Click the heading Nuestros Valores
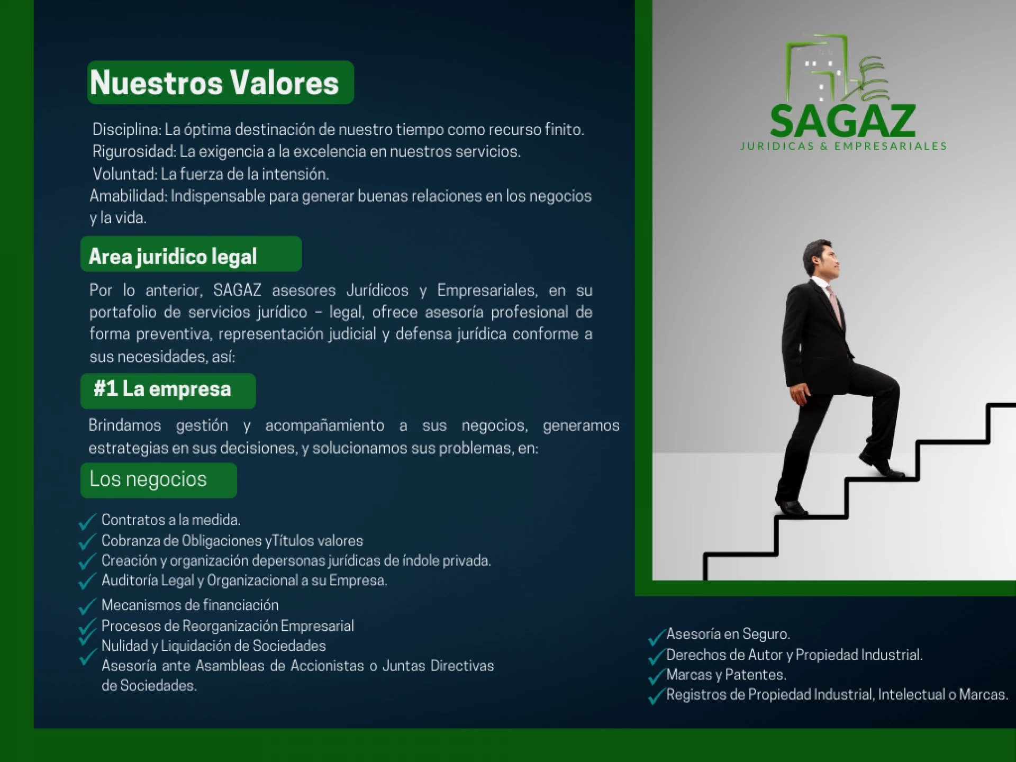pyautogui.click(x=214, y=83)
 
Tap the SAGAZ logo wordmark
pyautogui.click(x=843, y=121)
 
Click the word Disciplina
pyautogui.click(x=126, y=130)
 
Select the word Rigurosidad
pyautogui.click(x=134, y=152)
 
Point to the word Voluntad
pyautogui.click(x=125, y=174)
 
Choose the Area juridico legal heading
pyautogui.click(x=173, y=257)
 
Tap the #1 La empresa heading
pyautogui.click(x=162, y=389)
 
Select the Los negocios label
pyautogui.click(x=148, y=479)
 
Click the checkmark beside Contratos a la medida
pyautogui.click(x=87, y=521)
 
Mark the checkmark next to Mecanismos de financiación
pyautogui.click(x=87, y=606)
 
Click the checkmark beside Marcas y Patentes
pyautogui.click(x=656, y=677)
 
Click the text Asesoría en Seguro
pyautogui.click(x=728, y=634)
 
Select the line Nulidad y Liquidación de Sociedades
pyautogui.click(x=213, y=646)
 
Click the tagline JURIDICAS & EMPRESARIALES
pyautogui.click(x=843, y=146)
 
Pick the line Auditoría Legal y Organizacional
pyautogui.click(x=244, y=580)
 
